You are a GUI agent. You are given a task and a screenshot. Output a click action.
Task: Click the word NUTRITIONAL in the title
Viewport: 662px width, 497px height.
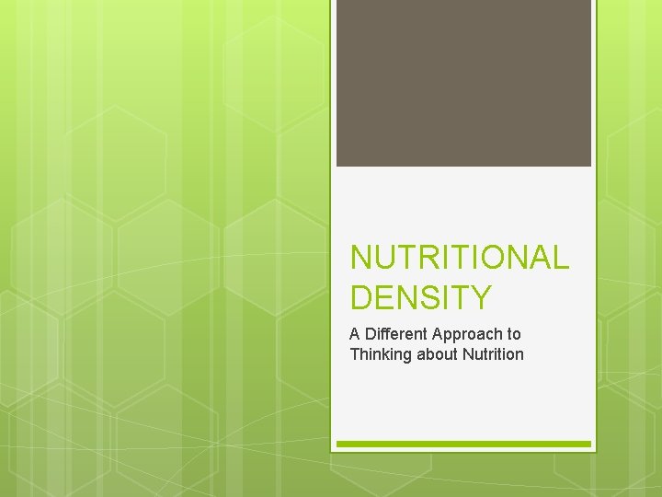[460, 258]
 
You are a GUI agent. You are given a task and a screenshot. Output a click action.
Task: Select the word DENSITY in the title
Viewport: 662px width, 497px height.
[421, 297]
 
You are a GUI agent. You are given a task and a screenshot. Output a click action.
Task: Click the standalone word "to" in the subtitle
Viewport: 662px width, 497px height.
[514, 334]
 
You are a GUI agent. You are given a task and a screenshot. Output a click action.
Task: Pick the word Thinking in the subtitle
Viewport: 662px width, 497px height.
[380, 354]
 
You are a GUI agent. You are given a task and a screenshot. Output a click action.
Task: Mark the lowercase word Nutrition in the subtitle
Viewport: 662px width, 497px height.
[494, 354]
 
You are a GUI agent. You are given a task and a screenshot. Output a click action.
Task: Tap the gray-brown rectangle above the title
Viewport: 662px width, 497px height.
[463, 83]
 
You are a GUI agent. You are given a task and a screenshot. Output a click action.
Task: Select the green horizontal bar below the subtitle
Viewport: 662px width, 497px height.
[463, 444]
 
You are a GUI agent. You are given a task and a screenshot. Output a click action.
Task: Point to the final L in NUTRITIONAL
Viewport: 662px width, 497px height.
[561, 258]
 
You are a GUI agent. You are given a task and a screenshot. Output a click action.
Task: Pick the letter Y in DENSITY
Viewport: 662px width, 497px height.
[481, 297]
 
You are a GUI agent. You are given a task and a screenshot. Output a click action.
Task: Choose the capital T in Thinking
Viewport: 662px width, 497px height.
[355, 354]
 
